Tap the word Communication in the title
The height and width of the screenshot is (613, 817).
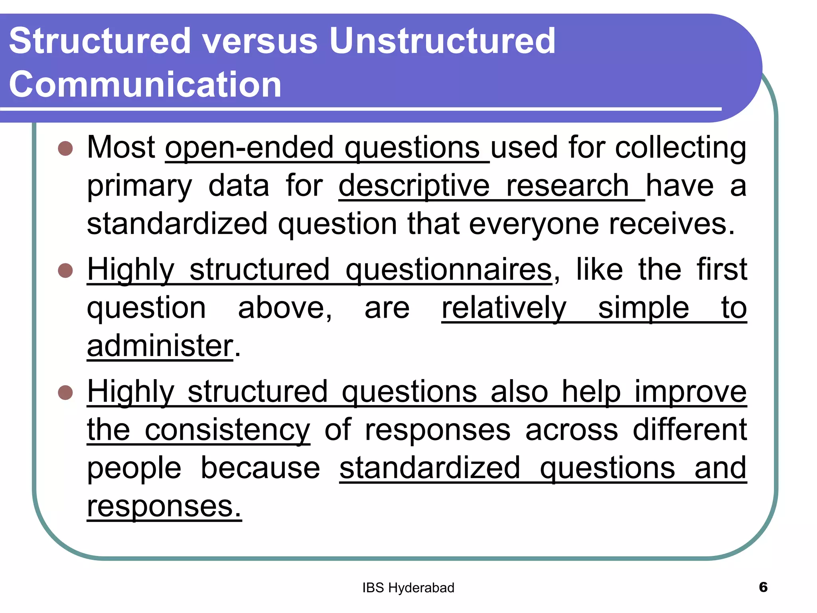tap(145, 84)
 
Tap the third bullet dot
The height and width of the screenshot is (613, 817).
tap(65, 392)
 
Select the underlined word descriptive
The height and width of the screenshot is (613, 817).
tap(414, 186)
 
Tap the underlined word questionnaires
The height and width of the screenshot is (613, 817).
tap(449, 270)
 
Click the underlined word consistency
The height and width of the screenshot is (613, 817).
tap(227, 430)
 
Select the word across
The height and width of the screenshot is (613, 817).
tap(571, 430)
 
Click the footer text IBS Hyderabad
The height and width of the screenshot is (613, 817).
tap(408, 588)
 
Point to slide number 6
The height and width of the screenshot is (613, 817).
tap(763, 587)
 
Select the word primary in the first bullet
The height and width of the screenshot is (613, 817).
tap(140, 186)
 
